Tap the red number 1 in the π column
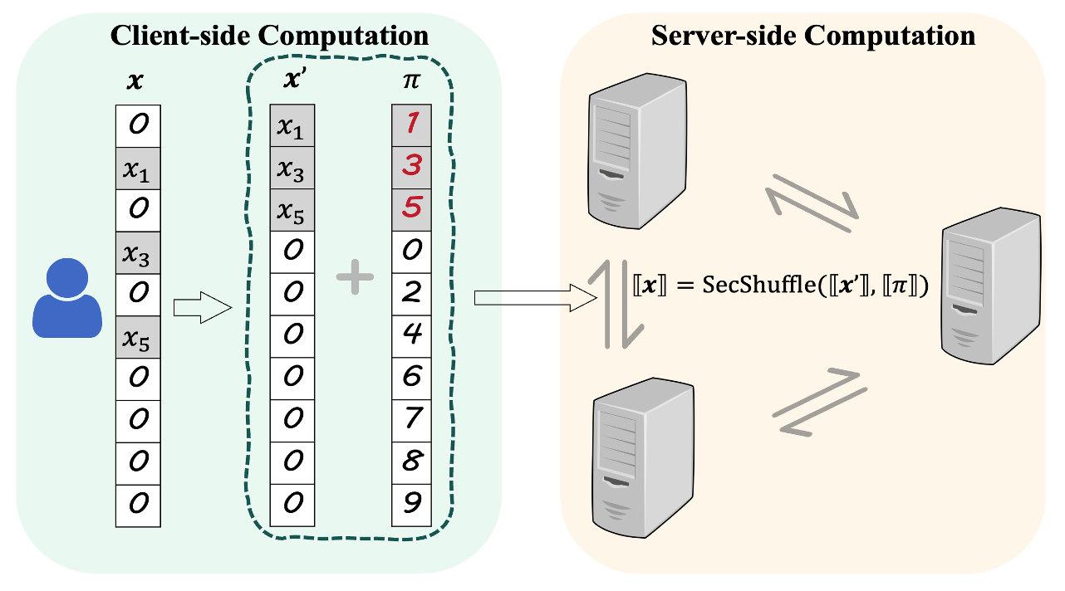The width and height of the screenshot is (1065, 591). tap(412, 125)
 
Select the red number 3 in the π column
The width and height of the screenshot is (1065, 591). tap(412, 167)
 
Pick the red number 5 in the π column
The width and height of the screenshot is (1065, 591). tap(412, 209)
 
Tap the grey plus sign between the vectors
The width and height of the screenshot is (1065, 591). tap(356, 275)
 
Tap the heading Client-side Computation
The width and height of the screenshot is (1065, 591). tap(270, 36)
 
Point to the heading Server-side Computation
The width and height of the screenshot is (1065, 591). tap(812, 36)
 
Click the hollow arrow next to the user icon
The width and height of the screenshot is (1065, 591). tap(200, 309)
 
